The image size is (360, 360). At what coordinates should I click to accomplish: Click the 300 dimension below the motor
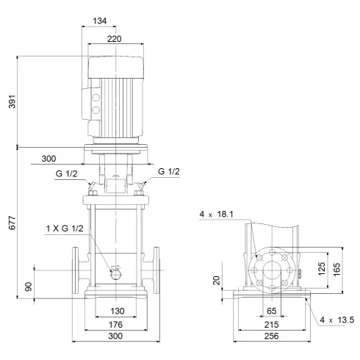coord(48,158)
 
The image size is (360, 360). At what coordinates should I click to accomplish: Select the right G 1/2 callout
coord(168,171)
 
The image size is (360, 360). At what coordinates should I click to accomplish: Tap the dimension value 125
coord(320,269)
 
